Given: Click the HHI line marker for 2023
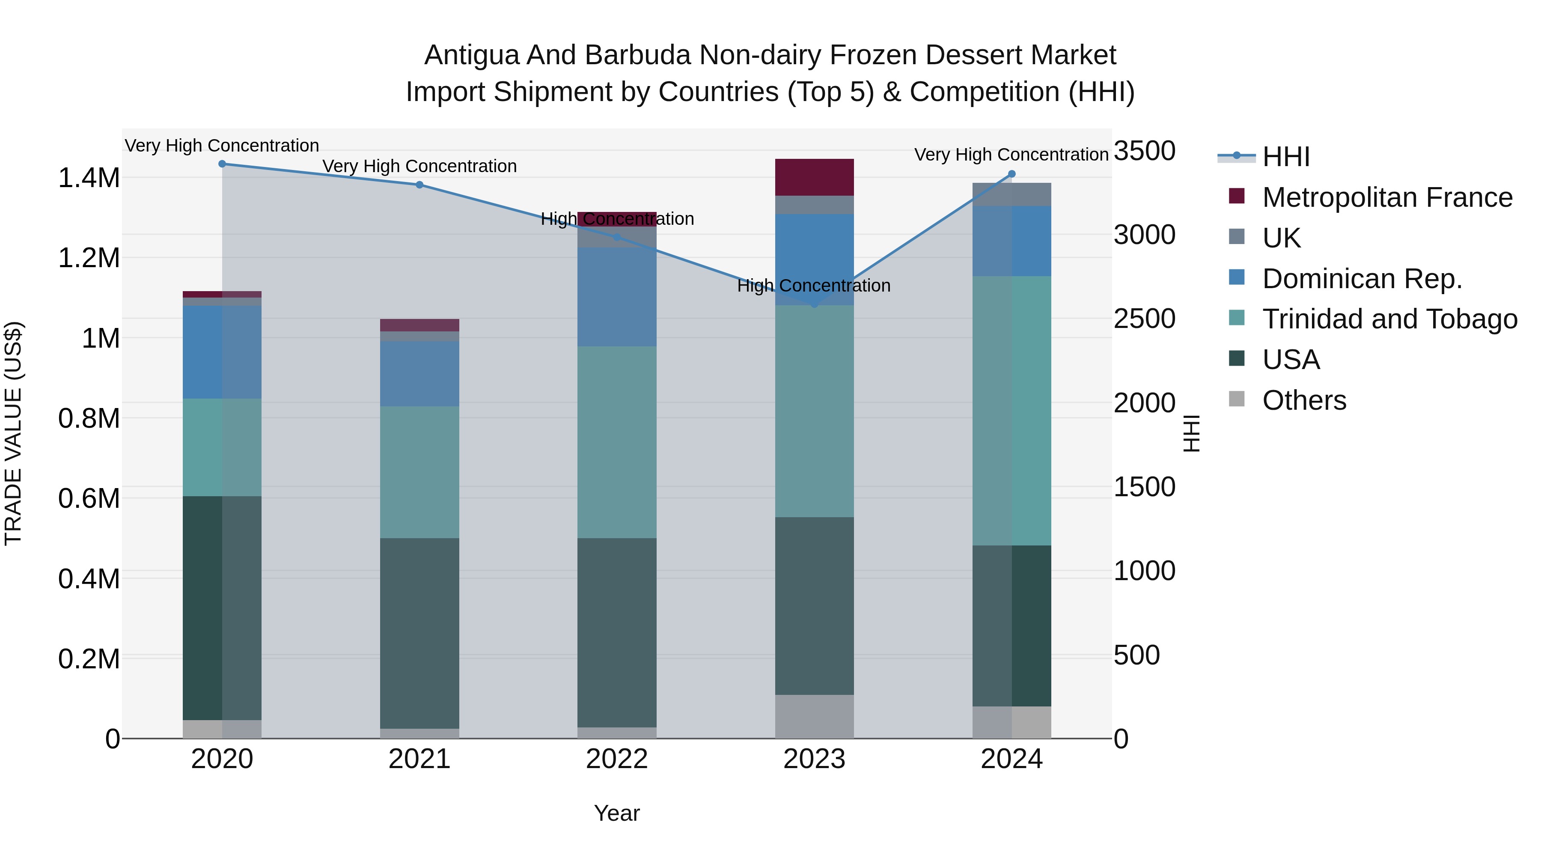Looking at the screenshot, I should [x=814, y=304].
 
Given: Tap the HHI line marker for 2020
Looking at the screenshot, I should [x=222, y=164].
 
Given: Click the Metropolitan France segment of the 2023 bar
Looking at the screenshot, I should [x=814, y=177].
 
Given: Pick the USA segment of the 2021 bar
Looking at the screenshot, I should [x=419, y=633].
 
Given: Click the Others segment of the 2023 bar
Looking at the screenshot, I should [x=814, y=716].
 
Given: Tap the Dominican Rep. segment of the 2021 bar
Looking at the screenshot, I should [x=419, y=374].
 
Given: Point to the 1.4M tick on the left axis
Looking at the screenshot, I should [x=89, y=178].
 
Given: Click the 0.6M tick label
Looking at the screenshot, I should [x=89, y=498].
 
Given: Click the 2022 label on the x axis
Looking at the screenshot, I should [x=617, y=759].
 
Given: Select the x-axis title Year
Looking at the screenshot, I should [x=617, y=813].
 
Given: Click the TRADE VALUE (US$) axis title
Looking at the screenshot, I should [x=13, y=433].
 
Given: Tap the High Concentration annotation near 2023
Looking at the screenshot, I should [x=814, y=286].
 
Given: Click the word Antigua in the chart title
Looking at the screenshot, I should [x=471, y=55].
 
